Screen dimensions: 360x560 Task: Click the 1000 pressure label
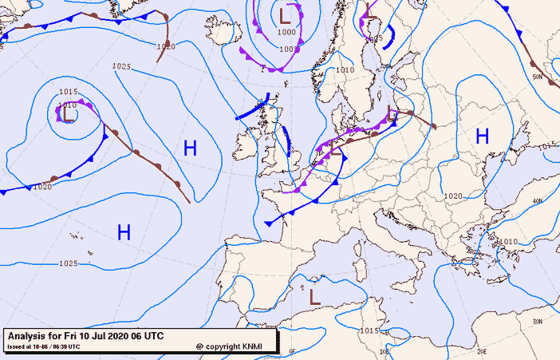coord(286,33)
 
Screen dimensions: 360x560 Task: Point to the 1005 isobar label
coord(289,49)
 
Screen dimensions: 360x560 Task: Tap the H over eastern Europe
coord(482,136)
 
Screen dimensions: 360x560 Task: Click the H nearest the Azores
coord(124,232)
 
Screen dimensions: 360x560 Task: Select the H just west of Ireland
coord(190,148)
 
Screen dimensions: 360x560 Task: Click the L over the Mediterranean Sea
coord(315,297)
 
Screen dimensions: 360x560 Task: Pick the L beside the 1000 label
coord(286,14)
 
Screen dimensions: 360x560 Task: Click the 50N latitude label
coord(538,77)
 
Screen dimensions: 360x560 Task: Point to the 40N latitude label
coord(538,201)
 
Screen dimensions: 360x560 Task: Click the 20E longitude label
coord(481,350)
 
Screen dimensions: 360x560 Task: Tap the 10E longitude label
coord(385,350)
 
